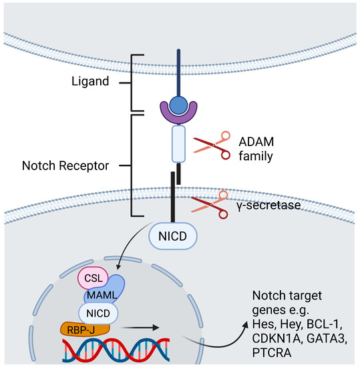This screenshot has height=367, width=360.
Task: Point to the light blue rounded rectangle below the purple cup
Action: (178, 144)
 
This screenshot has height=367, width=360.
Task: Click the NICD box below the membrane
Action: (178, 237)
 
